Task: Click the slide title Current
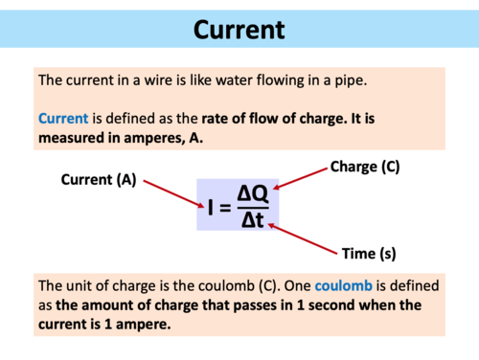(x=239, y=30)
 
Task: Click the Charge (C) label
(x=364, y=167)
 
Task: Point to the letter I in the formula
(x=211, y=207)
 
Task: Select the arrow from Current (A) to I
(x=168, y=193)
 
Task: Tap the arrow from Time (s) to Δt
(x=302, y=237)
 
